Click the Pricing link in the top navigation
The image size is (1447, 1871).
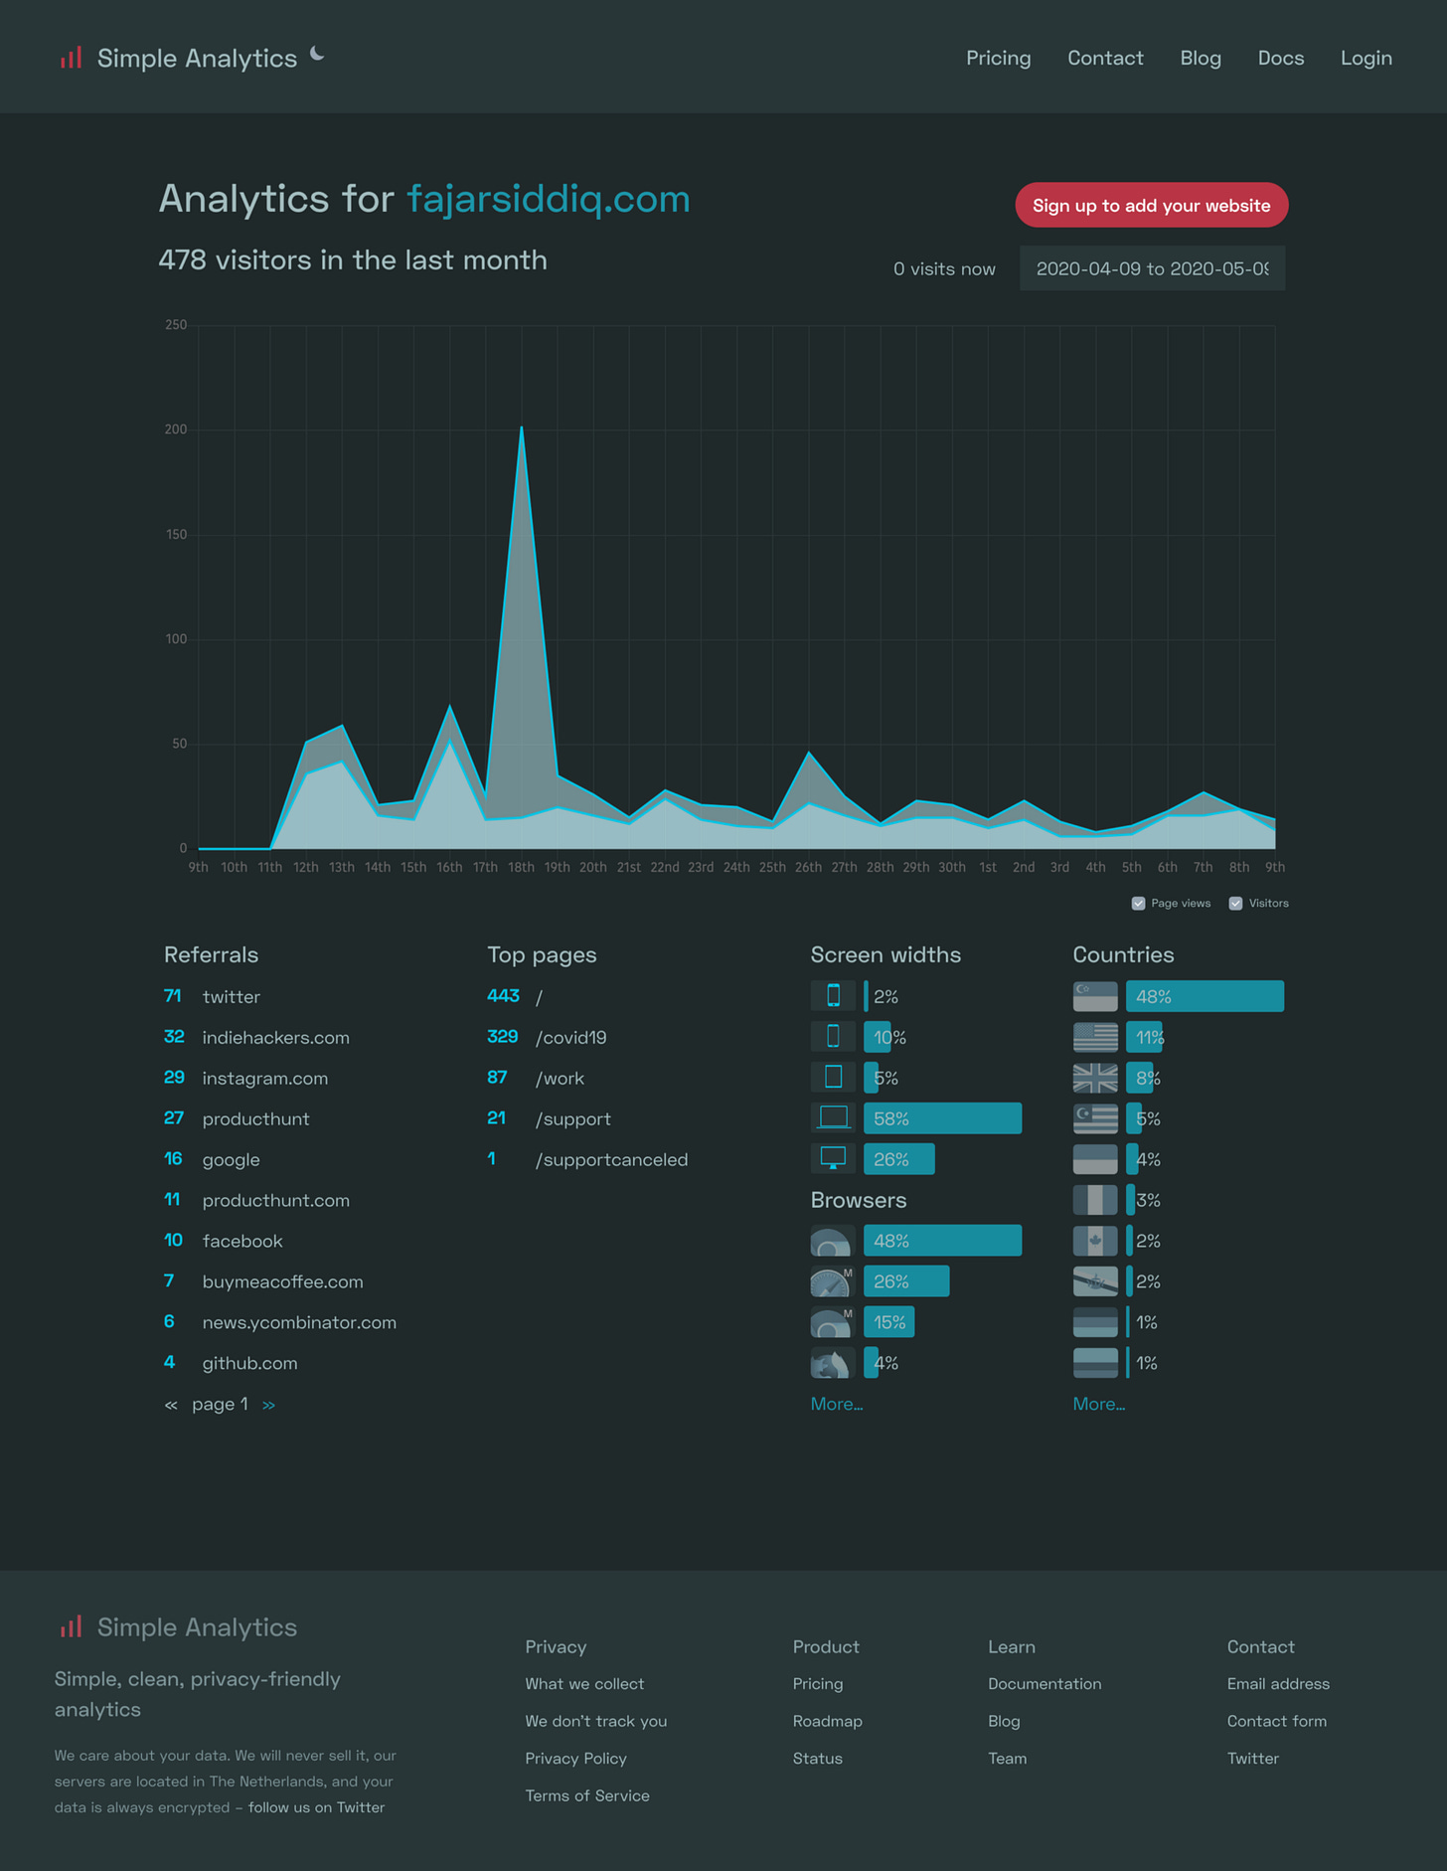[x=998, y=59]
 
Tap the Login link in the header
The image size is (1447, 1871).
[x=1366, y=59]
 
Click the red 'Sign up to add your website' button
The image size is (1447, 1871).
[x=1151, y=206]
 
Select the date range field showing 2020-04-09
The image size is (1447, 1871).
[x=1151, y=268]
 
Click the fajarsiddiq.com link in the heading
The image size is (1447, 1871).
[x=549, y=199]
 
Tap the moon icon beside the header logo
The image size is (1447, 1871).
[x=317, y=54]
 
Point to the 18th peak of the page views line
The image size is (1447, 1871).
[x=522, y=428]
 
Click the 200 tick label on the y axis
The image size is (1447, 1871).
[x=176, y=429]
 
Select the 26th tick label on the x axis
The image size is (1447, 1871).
[x=808, y=868]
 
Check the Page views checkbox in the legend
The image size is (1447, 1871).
[x=1139, y=904]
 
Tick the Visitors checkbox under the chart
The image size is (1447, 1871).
[x=1235, y=904]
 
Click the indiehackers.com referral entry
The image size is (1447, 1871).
[x=275, y=1038]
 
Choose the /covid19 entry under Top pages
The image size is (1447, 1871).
[x=570, y=1038]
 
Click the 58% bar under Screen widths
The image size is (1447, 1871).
[x=941, y=1118]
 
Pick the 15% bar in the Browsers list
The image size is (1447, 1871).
[x=888, y=1322]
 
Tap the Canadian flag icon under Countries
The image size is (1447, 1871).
[x=1095, y=1241]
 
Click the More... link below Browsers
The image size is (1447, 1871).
[x=836, y=1404]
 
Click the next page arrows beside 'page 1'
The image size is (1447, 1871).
[x=268, y=1405]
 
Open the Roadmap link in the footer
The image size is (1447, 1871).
[x=827, y=1721]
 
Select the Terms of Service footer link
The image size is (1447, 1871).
[x=587, y=1795]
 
